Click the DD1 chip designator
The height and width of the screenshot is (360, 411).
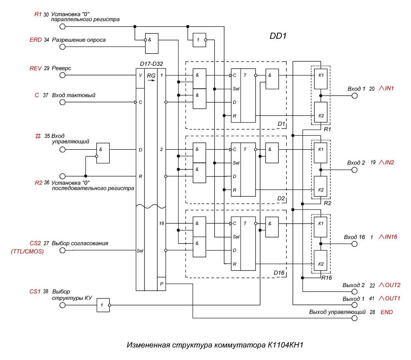point(278,36)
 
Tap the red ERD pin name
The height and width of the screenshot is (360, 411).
point(36,40)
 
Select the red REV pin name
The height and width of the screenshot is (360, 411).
point(36,68)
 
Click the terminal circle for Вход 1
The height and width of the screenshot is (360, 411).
point(354,96)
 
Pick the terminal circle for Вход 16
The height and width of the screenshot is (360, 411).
point(354,244)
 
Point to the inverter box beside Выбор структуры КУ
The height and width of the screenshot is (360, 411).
point(103,305)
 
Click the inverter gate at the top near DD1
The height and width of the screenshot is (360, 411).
point(199,40)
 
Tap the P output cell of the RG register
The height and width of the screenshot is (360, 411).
point(162,284)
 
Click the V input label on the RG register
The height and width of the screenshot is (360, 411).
point(140,75)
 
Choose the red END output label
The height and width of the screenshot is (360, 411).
point(387,312)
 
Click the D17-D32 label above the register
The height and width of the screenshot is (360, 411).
point(151,64)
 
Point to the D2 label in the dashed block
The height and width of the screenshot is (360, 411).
point(281,199)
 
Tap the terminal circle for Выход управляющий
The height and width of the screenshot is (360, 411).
point(354,318)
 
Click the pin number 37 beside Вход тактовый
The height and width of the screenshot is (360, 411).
point(46,95)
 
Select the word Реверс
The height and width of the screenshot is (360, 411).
point(61,68)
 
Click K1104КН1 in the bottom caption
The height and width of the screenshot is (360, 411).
point(285,345)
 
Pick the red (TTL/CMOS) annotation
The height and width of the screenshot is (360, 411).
point(27,252)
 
